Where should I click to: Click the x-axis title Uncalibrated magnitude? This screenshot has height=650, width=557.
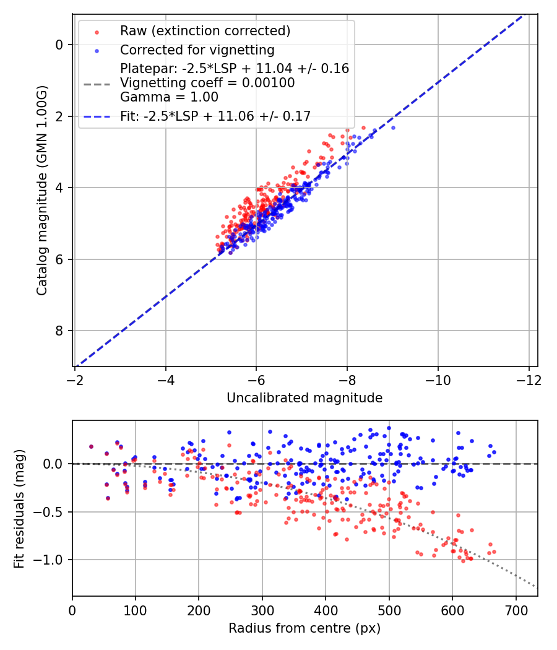(x=304, y=398)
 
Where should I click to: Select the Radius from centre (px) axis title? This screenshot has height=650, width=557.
(x=304, y=628)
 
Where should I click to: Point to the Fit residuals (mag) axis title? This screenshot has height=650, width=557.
(x=19, y=508)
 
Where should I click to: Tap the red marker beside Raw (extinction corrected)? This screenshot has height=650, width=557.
(x=97, y=31)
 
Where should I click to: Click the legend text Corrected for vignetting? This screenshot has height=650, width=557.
(x=197, y=50)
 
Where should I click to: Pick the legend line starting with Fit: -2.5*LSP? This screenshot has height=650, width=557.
(x=215, y=115)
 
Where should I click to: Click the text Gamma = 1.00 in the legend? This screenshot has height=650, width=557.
(x=169, y=97)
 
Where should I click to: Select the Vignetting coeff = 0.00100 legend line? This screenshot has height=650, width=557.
(x=207, y=82)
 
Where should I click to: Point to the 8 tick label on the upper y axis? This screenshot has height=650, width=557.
(x=59, y=331)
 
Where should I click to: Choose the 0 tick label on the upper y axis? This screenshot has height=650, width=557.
(x=59, y=45)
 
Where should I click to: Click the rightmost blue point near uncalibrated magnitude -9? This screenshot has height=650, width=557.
(x=392, y=128)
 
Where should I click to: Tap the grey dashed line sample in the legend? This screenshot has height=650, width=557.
(x=97, y=83)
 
